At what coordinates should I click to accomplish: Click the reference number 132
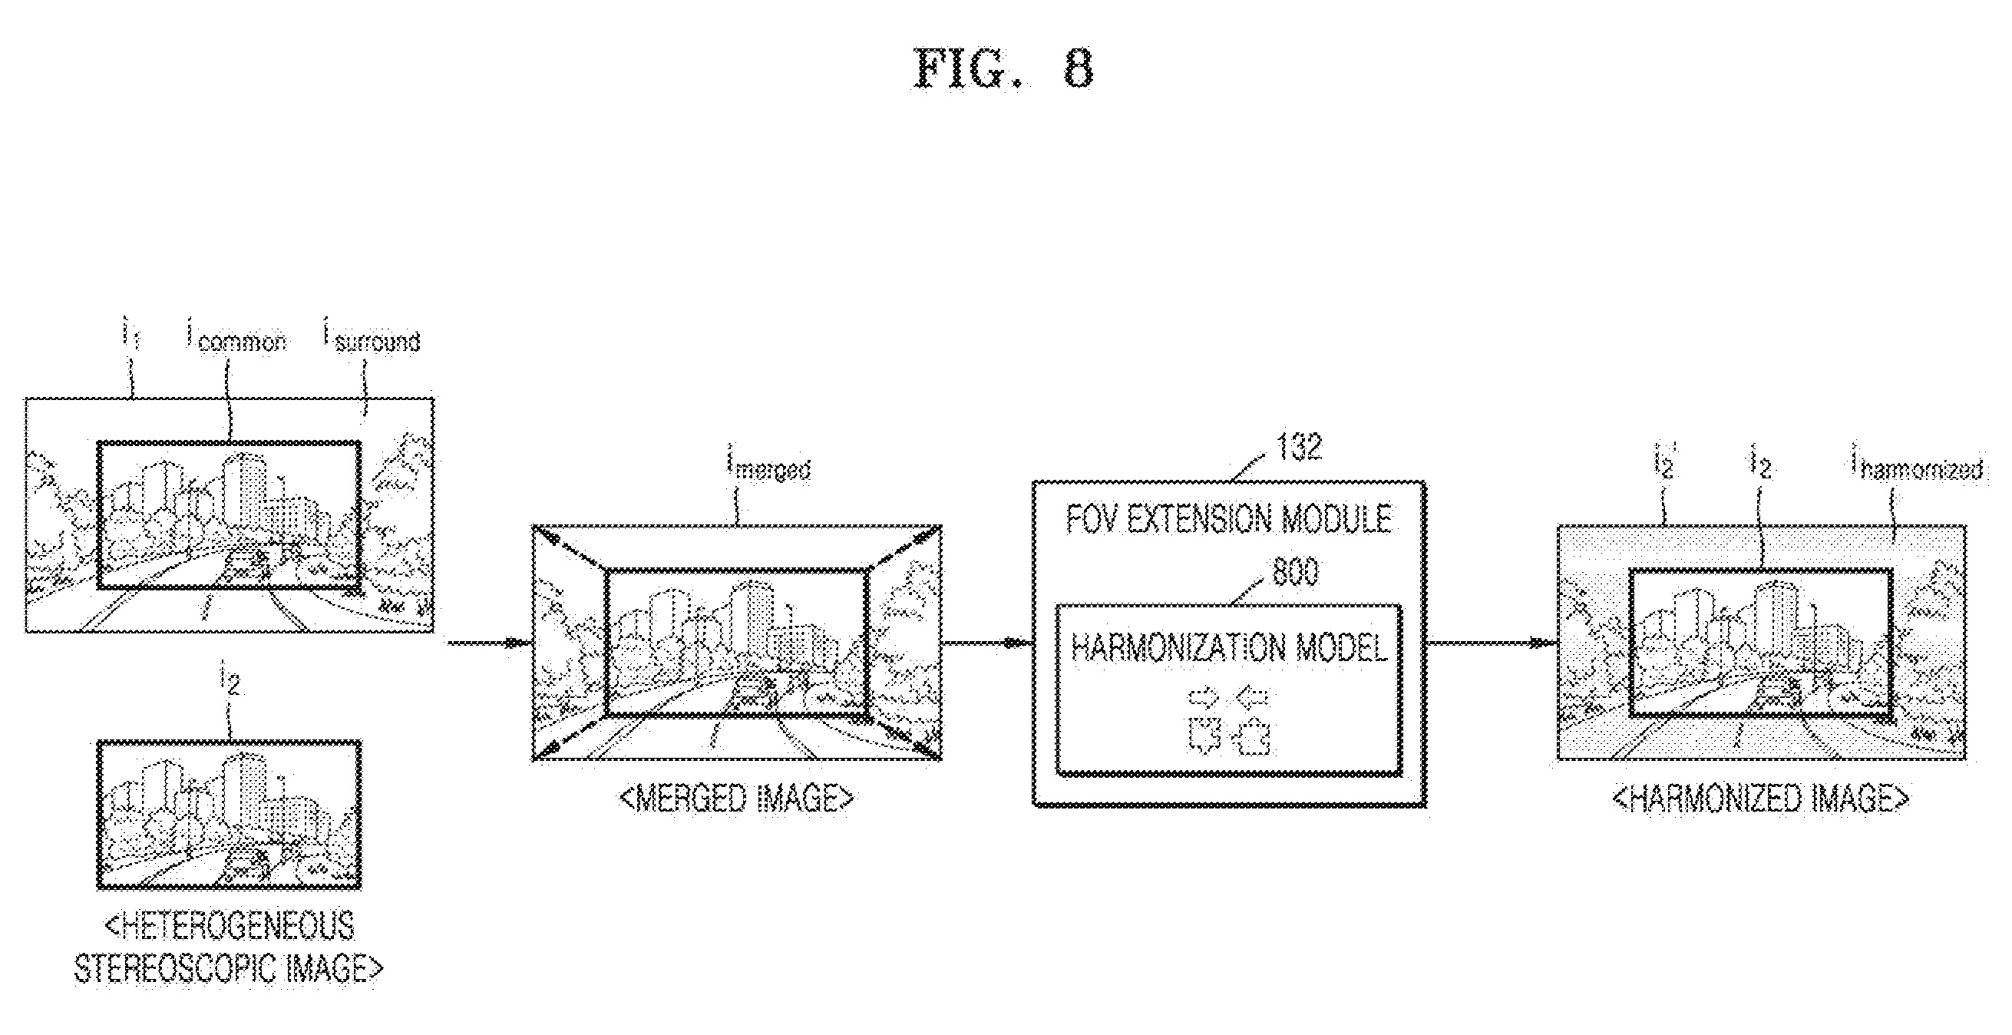[x=1299, y=447]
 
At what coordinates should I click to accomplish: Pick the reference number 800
[x=1296, y=571]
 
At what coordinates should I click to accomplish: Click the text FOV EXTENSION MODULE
[x=1229, y=520]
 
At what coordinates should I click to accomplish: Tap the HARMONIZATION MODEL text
[x=1229, y=647]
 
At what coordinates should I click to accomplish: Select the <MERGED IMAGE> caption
[x=736, y=799]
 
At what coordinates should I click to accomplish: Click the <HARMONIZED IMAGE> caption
[x=1761, y=799]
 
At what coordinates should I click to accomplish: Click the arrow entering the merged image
[x=488, y=643]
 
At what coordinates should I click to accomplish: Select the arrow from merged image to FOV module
[x=987, y=643]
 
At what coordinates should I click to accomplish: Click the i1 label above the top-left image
[x=130, y=336]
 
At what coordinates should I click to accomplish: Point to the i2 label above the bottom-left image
[x=230, y=680]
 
